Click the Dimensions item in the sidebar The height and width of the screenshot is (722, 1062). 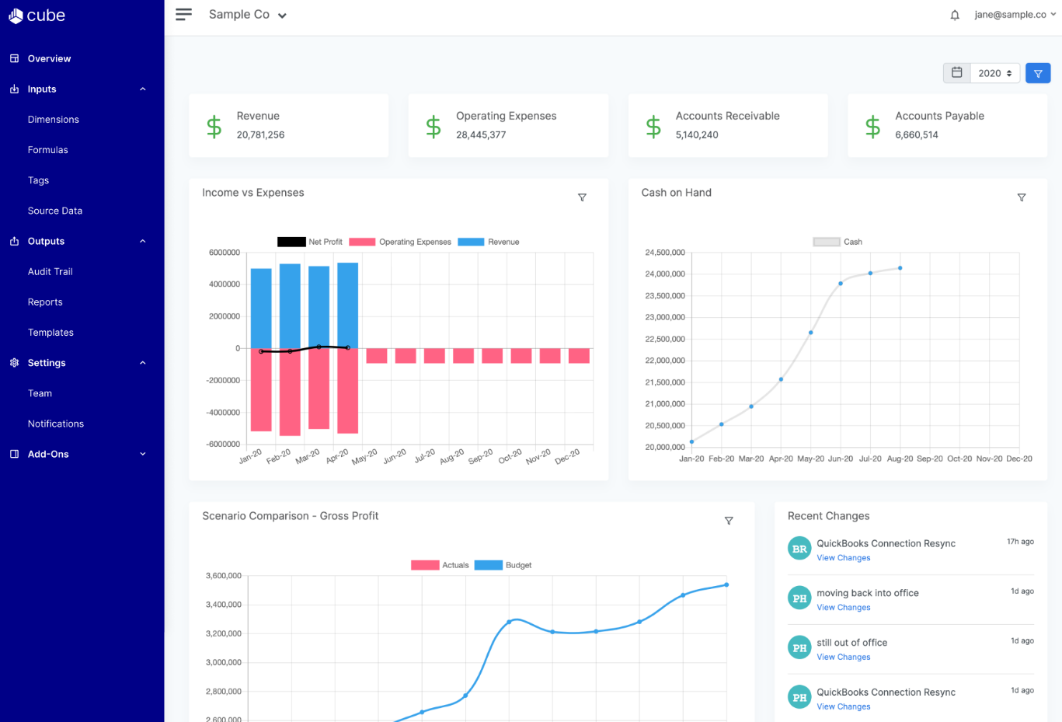pyautogui.click(x=53, y=120)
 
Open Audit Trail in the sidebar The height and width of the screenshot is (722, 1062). pyautogui.click(x=50, y=272)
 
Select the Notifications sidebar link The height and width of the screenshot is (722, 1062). pyautogui.click(x=55, y=424)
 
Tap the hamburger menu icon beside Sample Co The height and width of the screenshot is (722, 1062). pyautogui.click(x=183, y=15)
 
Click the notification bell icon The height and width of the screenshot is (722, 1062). pyautogui.click(x=955, y=15)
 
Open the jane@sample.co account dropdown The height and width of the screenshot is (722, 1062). pyautogui.click(x=1015, y=15)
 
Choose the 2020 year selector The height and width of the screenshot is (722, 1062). pyautogui.click(x=994, y=73)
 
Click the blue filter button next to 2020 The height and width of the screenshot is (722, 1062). pyautogui.click(x=1038, y=73)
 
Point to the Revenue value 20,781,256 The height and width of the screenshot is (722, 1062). pyautogui.click(x=260, y=135)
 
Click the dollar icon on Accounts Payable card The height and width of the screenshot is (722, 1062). pyautogui.click(x=872, y=126)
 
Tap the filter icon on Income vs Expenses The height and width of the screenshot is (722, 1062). pyautogui.click(x=582, y=197)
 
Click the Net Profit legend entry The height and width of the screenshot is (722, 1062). pyautogui.click(x=310, y=242)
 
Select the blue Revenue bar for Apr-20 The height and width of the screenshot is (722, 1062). pyautogui.click(x=347, y=305)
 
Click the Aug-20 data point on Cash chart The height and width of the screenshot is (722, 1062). pyautogui.click(x=900, y=268)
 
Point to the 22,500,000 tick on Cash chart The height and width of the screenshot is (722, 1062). pyautogui.click(x=664, y=339)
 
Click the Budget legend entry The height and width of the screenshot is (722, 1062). pyautogui.click(x=503, y=565)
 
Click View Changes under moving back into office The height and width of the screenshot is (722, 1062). pyautogui.click(x=843, y=608)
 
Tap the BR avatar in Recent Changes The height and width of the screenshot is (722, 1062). pyautogui.click(x=799, y=549)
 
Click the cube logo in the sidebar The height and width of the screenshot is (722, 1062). pyautogui.click(x=37, y=16)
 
